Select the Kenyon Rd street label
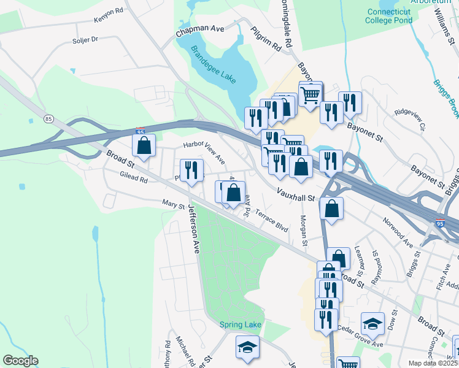coord(109,15)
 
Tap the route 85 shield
coord(48,118)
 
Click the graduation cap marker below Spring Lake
coord(247,347)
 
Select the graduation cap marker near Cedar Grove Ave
coord(372,323)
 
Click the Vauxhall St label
coord(295,197)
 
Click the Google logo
coord(20,361)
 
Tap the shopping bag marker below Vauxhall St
coord(331,209)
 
